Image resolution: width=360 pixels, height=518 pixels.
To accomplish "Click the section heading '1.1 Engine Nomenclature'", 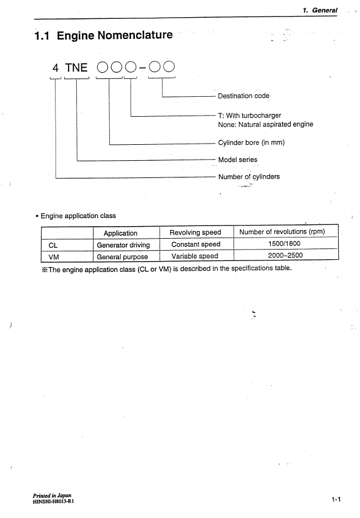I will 103,35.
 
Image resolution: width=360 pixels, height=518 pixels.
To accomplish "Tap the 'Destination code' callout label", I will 243,96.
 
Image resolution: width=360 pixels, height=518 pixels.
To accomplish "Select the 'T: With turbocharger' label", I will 250,115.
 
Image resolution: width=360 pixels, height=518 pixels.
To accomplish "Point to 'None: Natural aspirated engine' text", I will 266,124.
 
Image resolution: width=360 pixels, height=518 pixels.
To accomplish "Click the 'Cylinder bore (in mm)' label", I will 251,143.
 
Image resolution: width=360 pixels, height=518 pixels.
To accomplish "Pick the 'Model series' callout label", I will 238,160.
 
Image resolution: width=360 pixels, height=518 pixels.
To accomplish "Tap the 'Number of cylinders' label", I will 249,177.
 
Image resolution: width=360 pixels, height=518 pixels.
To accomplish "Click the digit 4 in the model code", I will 56,68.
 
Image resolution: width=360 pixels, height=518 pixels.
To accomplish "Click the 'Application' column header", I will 120,233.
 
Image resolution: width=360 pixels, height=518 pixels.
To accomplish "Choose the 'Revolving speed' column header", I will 195,232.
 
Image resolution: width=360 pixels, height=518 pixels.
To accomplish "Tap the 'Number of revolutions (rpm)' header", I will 286,232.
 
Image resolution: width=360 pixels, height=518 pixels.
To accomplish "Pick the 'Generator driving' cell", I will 123,245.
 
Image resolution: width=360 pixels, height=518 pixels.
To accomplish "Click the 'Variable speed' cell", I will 195,256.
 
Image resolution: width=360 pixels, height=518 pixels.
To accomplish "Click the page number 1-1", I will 335,500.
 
